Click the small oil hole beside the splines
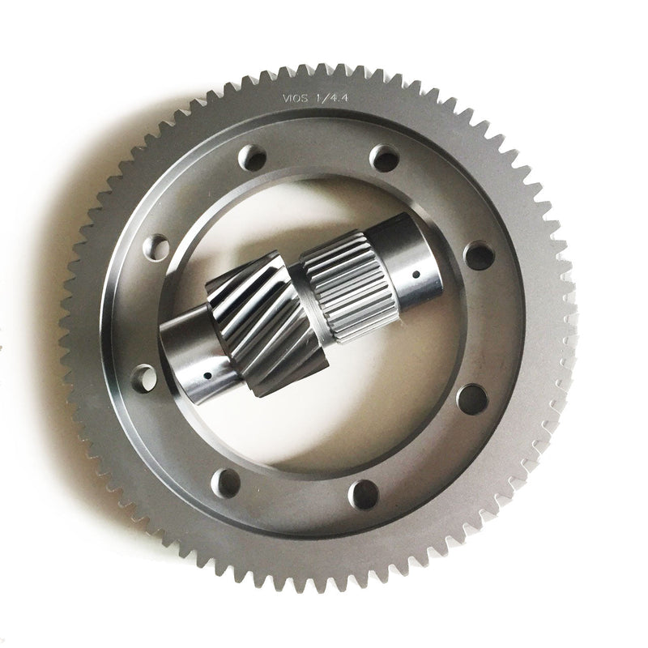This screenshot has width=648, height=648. (x=416, y=275)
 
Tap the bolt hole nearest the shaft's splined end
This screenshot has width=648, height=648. (x=479, y=257)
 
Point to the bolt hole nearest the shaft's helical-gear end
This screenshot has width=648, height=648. (x=144, y=375)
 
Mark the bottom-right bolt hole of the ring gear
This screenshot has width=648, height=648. (x=364, y=493)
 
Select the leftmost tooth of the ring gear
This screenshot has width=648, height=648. (x=67, y=324)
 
